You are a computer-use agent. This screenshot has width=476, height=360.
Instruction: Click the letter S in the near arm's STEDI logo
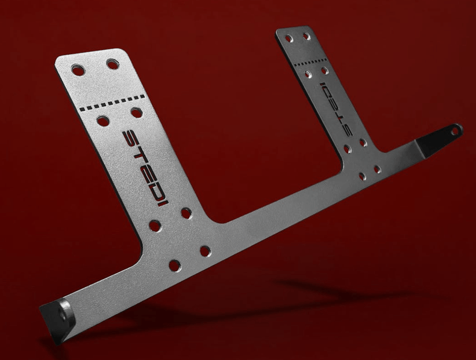click(x=133, y=138)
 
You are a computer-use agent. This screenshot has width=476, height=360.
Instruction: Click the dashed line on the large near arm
click(x=112, y=102)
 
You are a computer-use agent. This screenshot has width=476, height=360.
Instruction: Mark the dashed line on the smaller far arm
click(x=310, y=60)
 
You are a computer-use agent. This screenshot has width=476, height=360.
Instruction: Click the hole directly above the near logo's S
click(x=136, y=113)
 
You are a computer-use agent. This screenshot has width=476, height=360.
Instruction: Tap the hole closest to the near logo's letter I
click(x=186, y=213)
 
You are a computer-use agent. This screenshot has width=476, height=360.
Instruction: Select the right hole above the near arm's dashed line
click(x=113, y=63)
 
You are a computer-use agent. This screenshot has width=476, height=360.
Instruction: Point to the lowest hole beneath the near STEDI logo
click(x=174, y=265)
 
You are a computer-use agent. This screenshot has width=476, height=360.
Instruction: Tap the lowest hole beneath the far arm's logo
click(x=362, y=177)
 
